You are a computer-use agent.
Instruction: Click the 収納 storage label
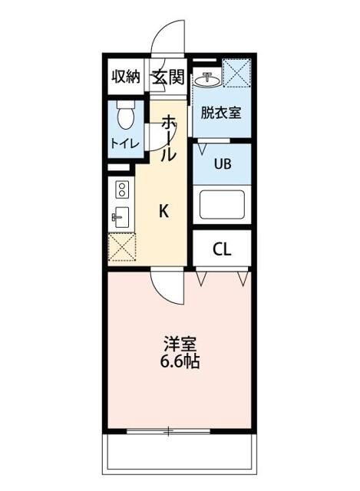pos(126,76)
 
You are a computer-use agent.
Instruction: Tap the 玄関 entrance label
pos(167,76)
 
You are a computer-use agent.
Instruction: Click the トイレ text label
pos(124,143)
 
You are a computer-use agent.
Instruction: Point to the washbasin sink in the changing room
pos(208,79)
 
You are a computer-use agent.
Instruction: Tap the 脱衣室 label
pos(221,113)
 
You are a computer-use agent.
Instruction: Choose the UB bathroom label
pos(222,163)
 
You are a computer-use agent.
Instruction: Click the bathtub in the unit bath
pos(222,206)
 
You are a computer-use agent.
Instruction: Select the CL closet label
pos(221,249)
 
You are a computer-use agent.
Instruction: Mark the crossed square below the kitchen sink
pos(121,248)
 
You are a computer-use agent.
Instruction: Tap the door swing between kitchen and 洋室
pos(166,285)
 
